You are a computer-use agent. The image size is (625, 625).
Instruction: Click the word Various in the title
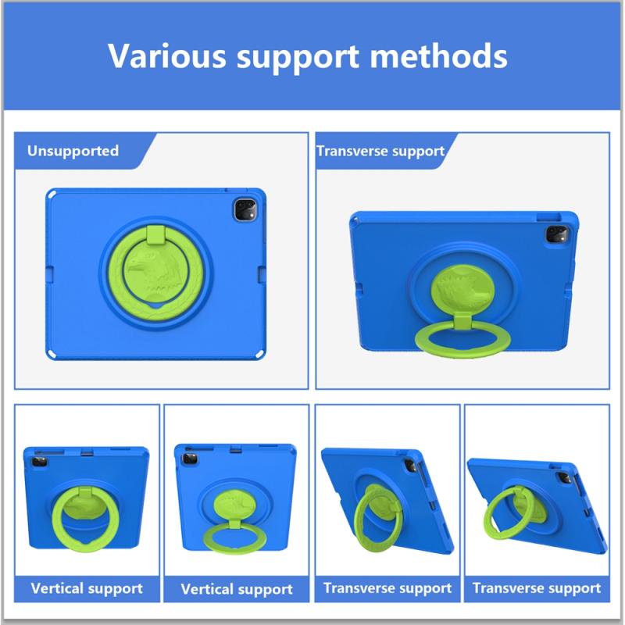(x=166, y=55)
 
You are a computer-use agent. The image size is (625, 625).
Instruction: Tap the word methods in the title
(x=438, y=55)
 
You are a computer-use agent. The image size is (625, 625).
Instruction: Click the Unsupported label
(x=73, y=151)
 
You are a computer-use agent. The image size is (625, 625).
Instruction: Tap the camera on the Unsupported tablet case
(x=245, y=209)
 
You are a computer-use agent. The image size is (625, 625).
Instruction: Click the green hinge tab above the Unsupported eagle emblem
(x=155, y=235)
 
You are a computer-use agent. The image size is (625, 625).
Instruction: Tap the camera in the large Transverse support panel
(x=556, y=234)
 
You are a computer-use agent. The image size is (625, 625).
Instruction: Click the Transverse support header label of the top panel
(x=380, y=151)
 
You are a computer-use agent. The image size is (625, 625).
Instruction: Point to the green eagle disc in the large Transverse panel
(x=463, y=290)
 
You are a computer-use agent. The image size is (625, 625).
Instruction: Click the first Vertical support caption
(x=87, y=588)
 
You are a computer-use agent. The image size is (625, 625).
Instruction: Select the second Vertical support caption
(x=237, y=589)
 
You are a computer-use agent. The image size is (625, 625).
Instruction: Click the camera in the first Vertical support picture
(x=39, y=462)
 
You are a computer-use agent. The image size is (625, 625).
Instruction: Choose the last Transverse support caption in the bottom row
(x=537, y=588)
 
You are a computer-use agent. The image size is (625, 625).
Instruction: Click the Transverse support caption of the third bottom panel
(x=387, y=588)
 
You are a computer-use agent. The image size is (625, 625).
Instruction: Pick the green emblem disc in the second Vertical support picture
(x=235, y=505)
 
